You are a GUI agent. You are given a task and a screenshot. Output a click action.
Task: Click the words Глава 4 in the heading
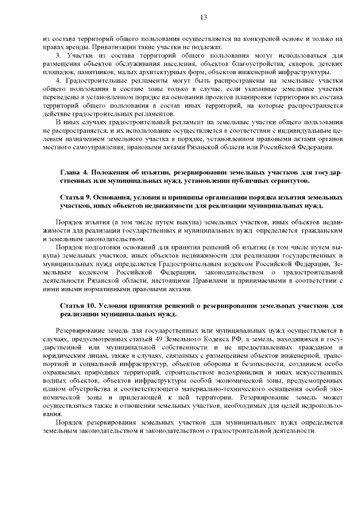click(73, 170)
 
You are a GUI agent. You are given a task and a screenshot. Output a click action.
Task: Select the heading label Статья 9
click(76, 198)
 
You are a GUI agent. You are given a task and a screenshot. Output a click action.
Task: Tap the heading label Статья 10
click(78, 304)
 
